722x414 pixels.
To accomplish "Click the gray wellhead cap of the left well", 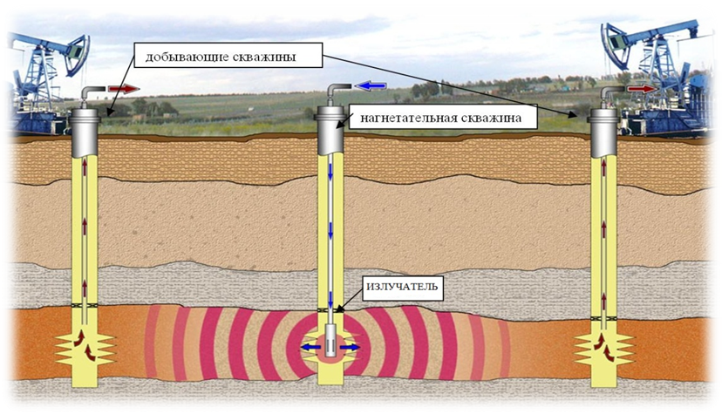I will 87,131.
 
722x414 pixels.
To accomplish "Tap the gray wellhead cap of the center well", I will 331,128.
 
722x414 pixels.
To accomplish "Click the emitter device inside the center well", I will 332,342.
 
